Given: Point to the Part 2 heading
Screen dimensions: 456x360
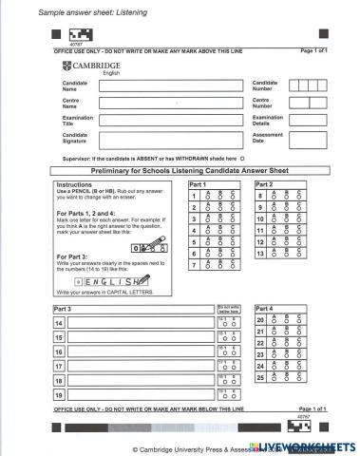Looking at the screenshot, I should (x=263, y=184).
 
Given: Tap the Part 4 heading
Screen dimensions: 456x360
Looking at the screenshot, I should (x=264, y=309).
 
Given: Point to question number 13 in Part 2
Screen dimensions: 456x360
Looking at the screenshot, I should (x=260, y=254).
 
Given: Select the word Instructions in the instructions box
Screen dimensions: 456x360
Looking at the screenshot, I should (x=75, y=184).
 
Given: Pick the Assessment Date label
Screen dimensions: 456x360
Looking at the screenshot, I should (x=267, y=139).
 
